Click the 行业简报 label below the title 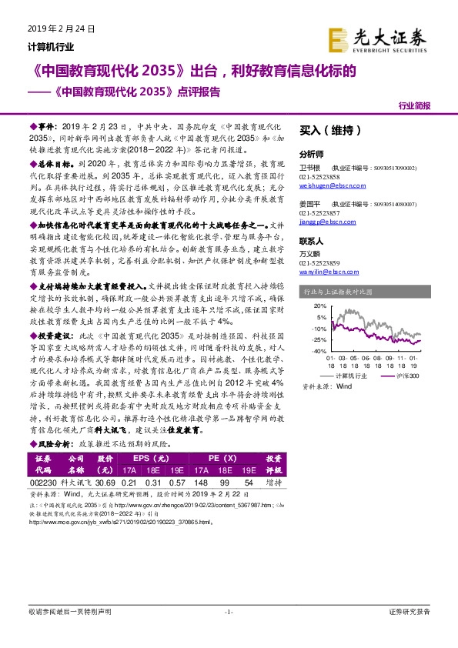click(415, 106)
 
